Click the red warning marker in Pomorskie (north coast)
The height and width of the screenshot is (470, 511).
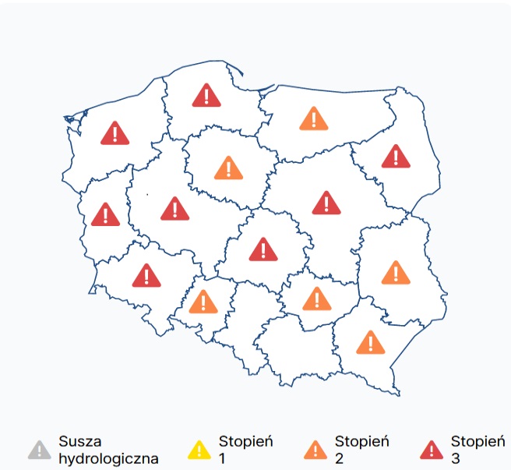(206, 96)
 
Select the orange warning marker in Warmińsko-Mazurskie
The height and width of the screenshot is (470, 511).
(314, 119)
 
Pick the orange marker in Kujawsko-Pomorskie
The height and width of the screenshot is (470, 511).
(228, 168)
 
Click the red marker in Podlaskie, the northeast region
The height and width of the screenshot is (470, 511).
(396, 157)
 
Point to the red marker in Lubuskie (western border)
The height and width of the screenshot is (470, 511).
(105, 214)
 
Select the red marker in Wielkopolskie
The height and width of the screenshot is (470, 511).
(174, 209)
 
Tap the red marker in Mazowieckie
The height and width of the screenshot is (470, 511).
(326, 203)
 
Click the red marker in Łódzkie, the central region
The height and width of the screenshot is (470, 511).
(263, 249)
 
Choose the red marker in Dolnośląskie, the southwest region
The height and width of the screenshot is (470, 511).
(146, 275)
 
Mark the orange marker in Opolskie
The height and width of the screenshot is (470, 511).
(203, 302)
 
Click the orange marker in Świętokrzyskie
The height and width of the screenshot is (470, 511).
(316, 299)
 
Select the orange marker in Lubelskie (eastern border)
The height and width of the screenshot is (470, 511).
(396, 273)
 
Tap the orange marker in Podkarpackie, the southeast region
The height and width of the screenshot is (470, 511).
(371, 342)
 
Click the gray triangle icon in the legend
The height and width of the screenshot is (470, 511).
(37, 450)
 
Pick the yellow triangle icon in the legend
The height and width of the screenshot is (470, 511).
(200, 450)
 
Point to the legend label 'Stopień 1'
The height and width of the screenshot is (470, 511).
(246, 450)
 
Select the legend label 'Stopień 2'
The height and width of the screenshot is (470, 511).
(361, 450)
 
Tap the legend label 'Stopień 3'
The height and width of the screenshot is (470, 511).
(478, 450)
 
